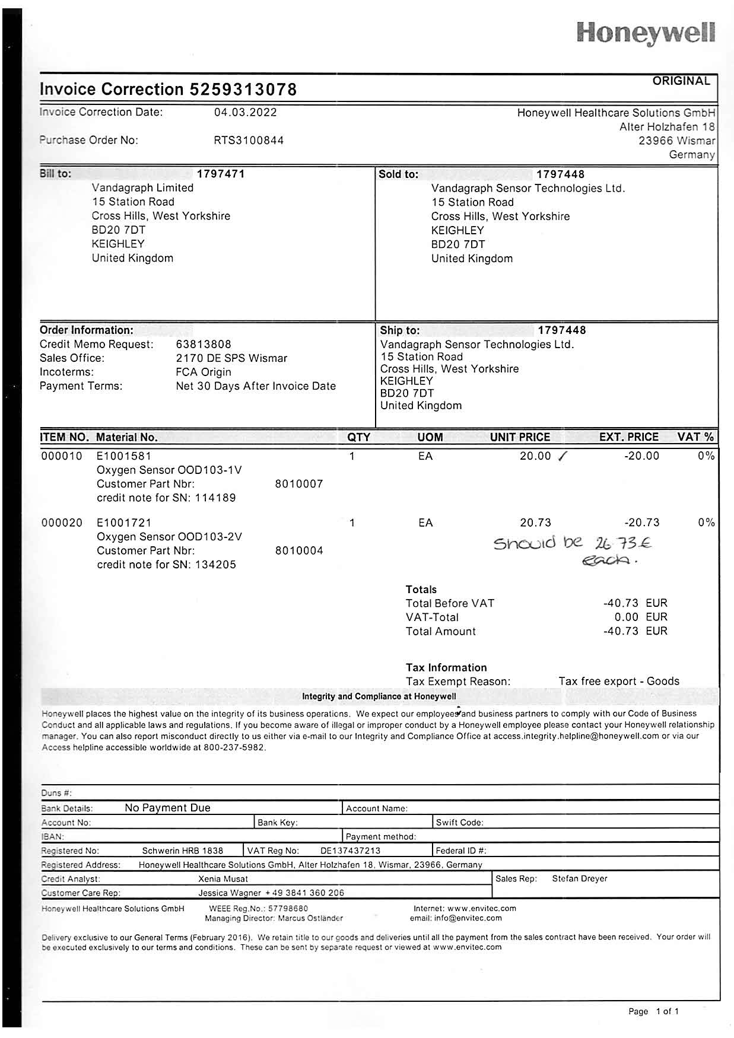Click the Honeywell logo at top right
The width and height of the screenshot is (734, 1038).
(x=646, y=33)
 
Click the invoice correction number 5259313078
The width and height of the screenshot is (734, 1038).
(x=243, y=90)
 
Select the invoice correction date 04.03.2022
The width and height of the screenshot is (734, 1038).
(x=245, y=112)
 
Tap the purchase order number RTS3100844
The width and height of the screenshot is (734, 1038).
(x=249, y=141)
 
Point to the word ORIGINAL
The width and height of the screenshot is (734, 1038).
(x=681, y=81)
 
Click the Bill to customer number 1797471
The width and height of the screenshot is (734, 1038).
(x=221, y=174)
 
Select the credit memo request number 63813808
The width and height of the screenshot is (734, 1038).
(x=204, y=344)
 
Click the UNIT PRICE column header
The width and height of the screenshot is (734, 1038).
(x=520, y=437)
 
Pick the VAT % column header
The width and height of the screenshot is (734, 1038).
(x=695, y=437)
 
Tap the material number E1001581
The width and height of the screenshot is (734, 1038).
(x=124, y=456)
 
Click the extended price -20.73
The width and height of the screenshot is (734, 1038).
(x=641, y=523)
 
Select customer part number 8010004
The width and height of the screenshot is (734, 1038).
(x=299, y=550)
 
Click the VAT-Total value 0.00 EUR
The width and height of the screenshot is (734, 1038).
(x=641, y=617)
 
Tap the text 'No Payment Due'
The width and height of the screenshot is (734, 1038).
(x=167, y=808)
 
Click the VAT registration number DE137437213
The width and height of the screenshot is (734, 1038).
(x=350, y=851)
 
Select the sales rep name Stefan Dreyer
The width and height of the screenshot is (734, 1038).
(x=579, y=878)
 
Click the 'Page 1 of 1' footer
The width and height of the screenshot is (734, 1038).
(x=653, y=1011)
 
